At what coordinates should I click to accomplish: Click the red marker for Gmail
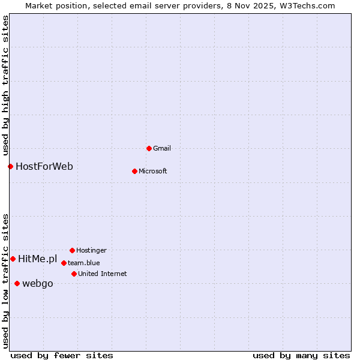point(149,148)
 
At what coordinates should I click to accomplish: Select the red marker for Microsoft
point(134,171)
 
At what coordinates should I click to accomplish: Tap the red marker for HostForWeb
point(10,166)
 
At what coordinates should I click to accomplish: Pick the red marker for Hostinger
point(72,250)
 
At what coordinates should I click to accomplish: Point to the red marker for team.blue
point(64,263)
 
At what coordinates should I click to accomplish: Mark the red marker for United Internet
point(74,274)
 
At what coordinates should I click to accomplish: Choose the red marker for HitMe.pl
point(13,259)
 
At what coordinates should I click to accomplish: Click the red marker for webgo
point(17,283)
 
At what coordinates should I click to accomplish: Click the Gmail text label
point(162,148)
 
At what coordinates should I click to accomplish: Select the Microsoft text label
point(152,171)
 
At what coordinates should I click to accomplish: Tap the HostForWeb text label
point(44,166)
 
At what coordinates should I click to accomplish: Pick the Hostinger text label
point(91,250)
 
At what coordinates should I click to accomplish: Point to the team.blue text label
point(83,263)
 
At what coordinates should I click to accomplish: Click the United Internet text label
point(102,274)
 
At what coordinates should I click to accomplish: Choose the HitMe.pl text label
point(37,259)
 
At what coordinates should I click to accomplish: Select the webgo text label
point(38,283)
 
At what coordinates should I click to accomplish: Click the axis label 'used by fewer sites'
point(62,355)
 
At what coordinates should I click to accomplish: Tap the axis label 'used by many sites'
point(301,355)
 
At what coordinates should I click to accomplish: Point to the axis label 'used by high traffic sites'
point(5,85)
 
